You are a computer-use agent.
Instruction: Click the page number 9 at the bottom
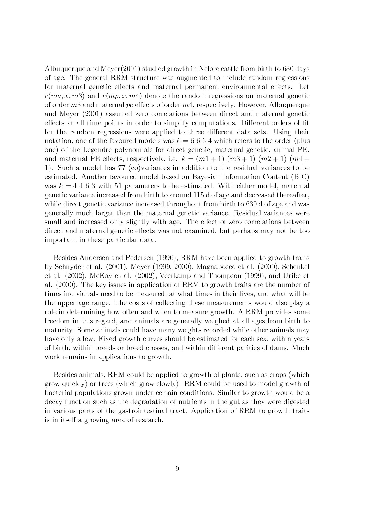pyautogui.click(x=177, y=469)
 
